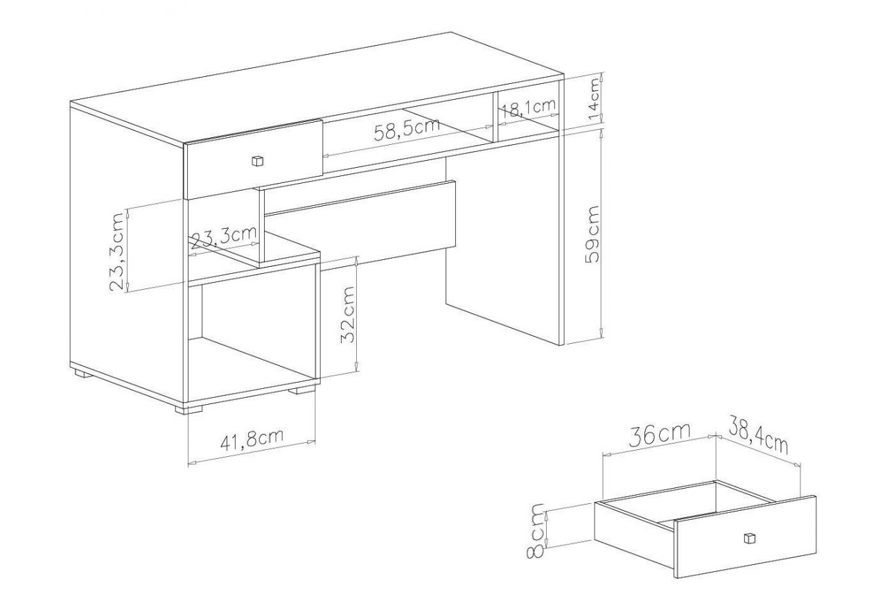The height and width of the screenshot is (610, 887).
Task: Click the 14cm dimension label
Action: click(x=595, y=99)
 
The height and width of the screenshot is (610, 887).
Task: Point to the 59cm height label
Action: click(x=592, y=234)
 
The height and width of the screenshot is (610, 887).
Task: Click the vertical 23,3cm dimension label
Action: click(x=118, y=252)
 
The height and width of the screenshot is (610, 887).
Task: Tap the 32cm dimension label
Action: click(x=347, y=314)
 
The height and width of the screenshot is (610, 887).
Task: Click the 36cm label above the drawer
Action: click(x=660, y=436)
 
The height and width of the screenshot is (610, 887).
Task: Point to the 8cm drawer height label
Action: click(x=536, y=530)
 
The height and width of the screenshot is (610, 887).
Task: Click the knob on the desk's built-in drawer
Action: click(x=257, y=161)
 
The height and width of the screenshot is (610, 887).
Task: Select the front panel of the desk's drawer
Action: click(x=254, y=159)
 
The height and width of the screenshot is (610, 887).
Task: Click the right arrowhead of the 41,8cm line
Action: click(x=311, y=442)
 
